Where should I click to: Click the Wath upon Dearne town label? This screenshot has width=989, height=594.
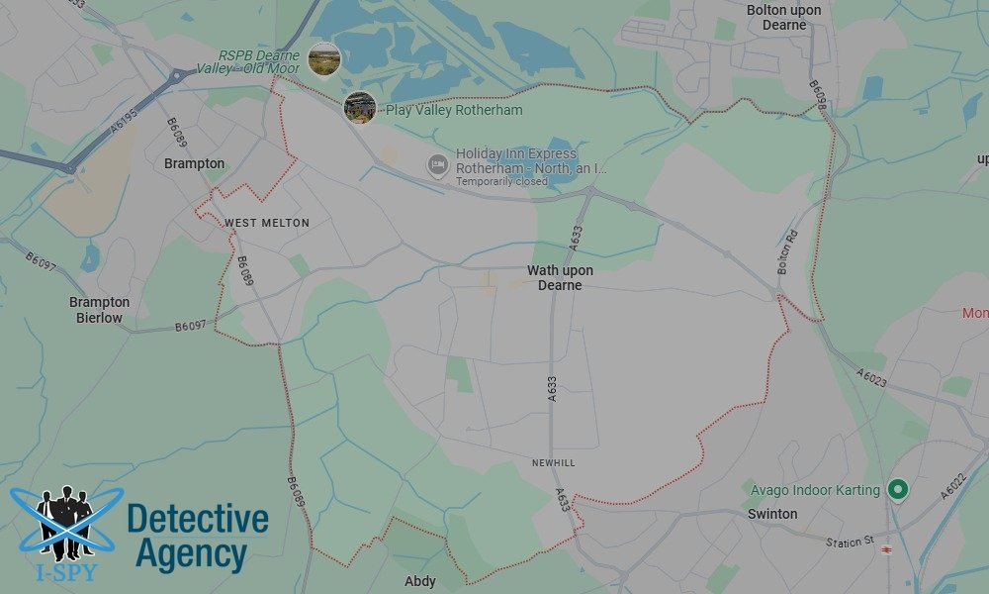(x=560, y=278)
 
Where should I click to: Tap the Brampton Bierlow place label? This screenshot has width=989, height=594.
(x=99, y=310)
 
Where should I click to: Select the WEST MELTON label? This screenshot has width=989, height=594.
(x=267, y=223)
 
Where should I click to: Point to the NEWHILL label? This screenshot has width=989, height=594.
(x=553, y=463)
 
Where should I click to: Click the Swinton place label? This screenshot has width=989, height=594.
(x=772, y=514)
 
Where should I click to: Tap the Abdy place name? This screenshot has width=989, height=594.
(x=420, y=581)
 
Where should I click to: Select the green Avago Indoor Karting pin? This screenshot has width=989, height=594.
(x=898, y=489)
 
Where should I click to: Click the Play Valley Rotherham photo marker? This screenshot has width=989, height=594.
(x=360, y=107)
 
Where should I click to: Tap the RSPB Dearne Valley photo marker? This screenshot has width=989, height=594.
(x=324, y=59)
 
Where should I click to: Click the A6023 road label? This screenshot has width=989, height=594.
(x=872, y=378)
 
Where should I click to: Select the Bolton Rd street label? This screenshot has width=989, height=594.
(x=786, y=252)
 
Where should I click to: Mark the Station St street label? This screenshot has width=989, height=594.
(x=850, y=542)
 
